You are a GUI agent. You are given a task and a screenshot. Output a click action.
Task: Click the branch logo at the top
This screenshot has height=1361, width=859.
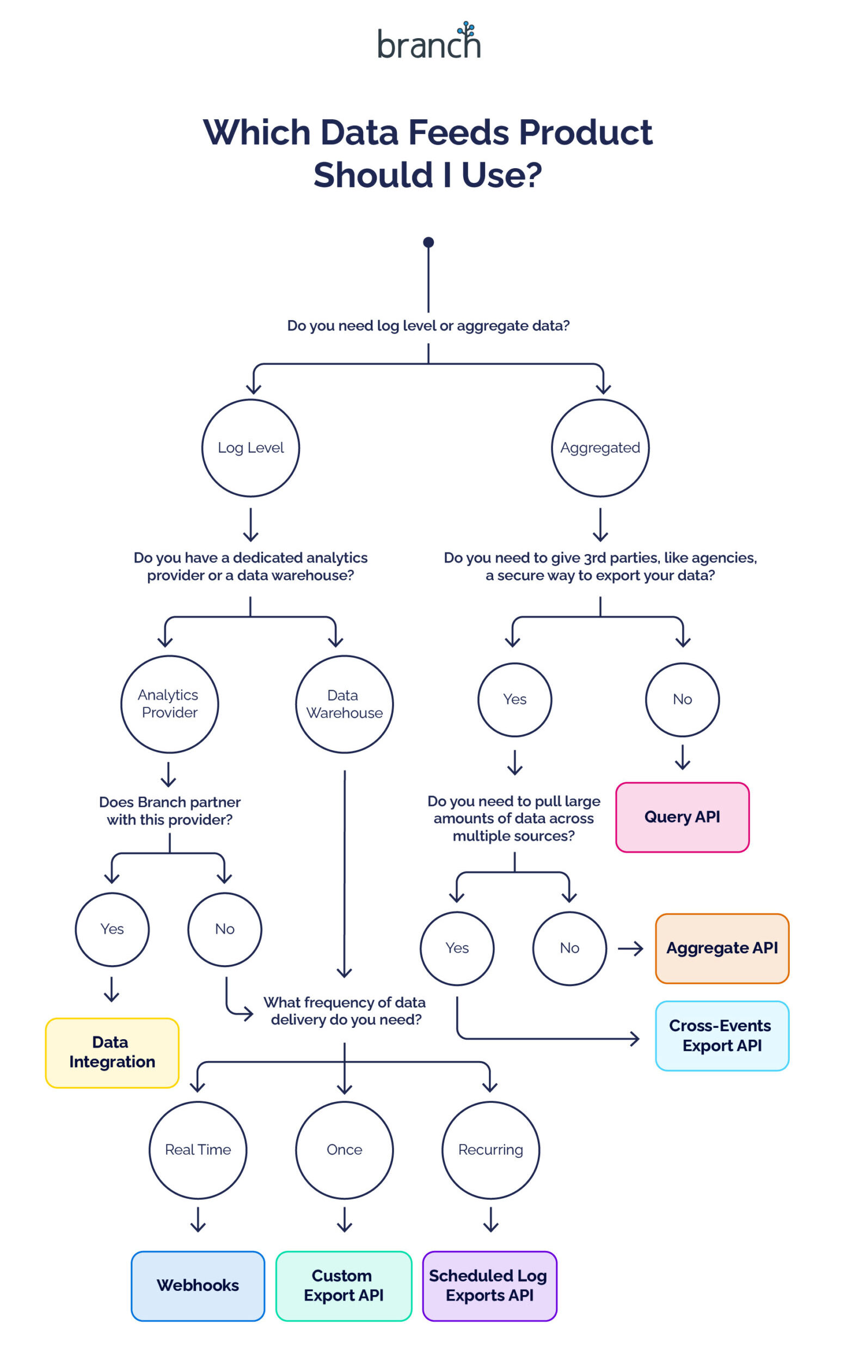coord(428,42)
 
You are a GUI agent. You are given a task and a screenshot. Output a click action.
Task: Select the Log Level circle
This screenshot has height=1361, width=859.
coord(250,447)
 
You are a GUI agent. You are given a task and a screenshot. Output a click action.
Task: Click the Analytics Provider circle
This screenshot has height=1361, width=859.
coord(169,704)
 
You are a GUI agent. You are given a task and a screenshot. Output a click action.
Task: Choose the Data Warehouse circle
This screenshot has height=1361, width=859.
coord(344,704)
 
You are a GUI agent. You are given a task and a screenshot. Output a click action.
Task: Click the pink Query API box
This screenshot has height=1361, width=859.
coord(682,817)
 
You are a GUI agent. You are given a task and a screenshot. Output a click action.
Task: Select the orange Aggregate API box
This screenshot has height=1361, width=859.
coord(722,948)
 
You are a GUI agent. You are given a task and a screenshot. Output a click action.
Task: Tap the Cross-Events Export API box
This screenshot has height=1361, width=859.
coord(722,1035)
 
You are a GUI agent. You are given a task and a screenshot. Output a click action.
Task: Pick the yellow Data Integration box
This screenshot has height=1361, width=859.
coord(112,1052)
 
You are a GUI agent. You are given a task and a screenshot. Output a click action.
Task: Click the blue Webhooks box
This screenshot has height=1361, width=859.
coord(198,1285)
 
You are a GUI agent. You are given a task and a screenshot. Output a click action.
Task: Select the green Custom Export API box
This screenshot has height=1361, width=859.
coord(343,1285)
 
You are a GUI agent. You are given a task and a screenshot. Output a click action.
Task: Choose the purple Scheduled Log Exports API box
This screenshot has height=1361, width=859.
coord(489,1285)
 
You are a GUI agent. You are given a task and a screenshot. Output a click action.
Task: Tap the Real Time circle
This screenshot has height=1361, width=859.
coord(198,1150)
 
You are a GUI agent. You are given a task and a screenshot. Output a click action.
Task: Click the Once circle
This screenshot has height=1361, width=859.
coord(344,1150)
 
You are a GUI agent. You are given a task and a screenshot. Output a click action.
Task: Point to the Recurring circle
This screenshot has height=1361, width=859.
coord(490,1150)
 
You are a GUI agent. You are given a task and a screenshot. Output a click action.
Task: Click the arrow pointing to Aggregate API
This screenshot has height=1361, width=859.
coord(630,948)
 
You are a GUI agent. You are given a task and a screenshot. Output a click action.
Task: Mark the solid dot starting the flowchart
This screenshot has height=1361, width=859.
coord(428,242)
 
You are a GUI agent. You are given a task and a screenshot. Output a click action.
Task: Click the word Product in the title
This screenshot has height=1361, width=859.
coord(586,132)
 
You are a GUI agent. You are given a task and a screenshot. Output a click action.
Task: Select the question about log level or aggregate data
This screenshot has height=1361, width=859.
coord(428,326)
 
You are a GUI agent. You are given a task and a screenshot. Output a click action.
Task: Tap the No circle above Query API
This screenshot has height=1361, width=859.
coord(682,699)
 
